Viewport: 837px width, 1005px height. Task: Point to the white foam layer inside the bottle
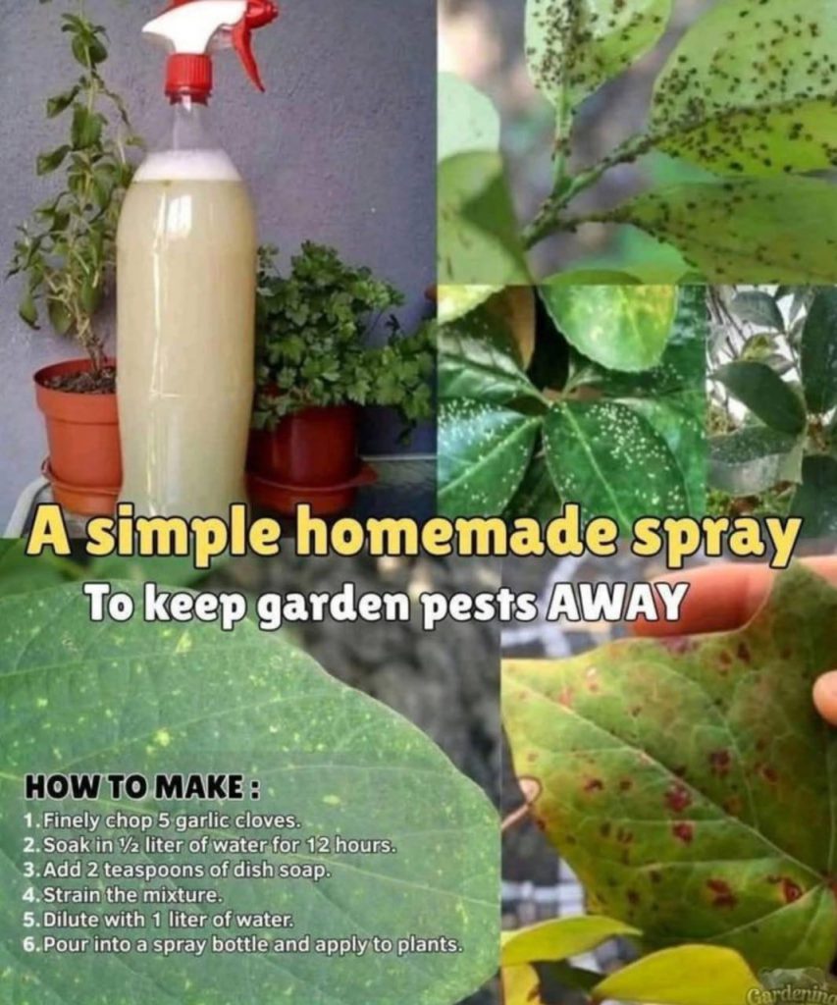coord(185,167)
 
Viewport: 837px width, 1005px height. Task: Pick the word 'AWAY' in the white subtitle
coord(612,602)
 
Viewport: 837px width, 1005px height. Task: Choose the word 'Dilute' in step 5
coord(71,919)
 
